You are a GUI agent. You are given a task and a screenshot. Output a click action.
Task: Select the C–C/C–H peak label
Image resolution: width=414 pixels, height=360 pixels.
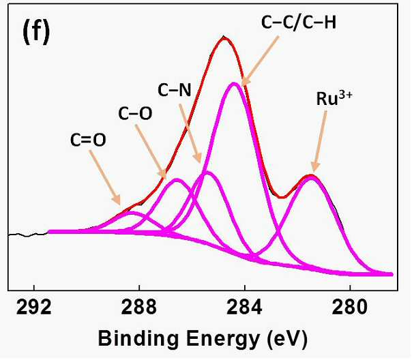click(299, 22)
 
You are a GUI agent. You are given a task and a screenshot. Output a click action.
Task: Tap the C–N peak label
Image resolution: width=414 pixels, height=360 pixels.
click(175, 90)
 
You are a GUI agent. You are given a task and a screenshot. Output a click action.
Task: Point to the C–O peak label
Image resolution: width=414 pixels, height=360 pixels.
click(135, 113)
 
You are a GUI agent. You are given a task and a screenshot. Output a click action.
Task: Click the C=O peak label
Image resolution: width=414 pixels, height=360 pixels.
click(88, 140)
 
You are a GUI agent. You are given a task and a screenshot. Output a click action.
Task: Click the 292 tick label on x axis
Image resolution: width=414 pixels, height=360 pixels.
click(34, 307)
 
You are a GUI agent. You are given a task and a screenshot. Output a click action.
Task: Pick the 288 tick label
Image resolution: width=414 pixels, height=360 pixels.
click(139, 307)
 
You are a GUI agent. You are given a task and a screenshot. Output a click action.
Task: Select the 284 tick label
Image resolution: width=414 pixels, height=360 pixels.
click(244, 307)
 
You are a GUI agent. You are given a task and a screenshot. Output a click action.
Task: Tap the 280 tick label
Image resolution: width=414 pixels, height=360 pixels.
click(350, 307)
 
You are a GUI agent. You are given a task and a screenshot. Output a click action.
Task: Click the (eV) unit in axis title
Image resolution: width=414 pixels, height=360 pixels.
click(287, 339)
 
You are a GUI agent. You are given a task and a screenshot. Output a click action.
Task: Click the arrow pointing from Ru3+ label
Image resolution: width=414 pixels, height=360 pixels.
click(320, 142)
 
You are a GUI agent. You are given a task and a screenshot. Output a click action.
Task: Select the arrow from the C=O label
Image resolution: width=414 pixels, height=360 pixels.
click(105, 178)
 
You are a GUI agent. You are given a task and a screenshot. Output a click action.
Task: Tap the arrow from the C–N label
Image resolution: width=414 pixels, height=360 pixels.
click(190, 133)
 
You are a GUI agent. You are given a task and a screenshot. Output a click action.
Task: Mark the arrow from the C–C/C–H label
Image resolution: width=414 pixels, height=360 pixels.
click(260, 61)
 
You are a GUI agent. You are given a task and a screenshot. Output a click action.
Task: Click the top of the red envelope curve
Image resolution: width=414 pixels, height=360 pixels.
click(224, 37)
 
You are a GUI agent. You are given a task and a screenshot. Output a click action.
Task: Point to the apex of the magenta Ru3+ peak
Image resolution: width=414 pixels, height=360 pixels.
click(312, 177)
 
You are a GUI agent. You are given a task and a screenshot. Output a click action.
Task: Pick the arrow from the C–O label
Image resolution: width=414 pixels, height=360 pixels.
click(151, 152)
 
